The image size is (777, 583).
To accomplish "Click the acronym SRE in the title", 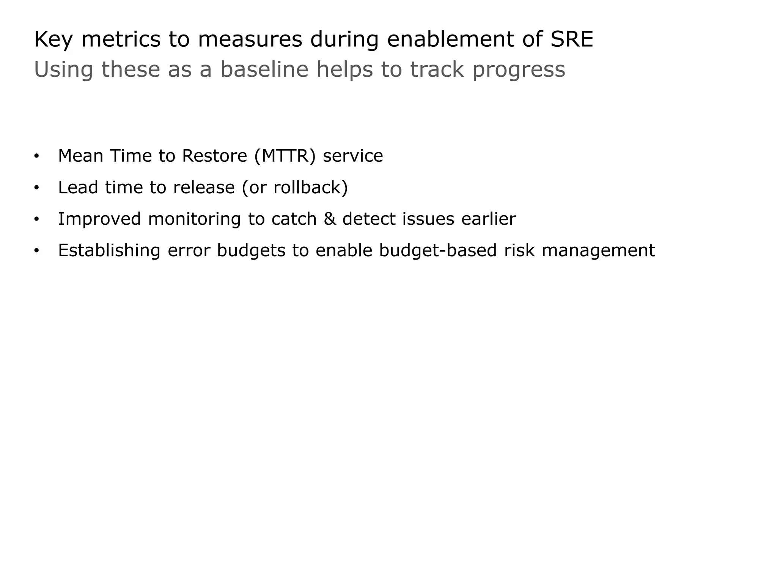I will (571, 39).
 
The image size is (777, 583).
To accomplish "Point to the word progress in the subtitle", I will (518, 70).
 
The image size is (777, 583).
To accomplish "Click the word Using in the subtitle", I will (63, 70).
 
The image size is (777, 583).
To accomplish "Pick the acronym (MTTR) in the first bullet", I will (285, 156).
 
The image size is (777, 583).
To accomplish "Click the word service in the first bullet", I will (353, 156).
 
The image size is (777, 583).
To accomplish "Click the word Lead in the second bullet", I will (78, 188).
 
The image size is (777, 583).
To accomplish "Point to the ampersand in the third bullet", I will (329, 219).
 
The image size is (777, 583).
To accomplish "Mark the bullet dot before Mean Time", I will (36, 156).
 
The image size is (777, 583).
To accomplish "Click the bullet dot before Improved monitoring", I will (36, 219).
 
